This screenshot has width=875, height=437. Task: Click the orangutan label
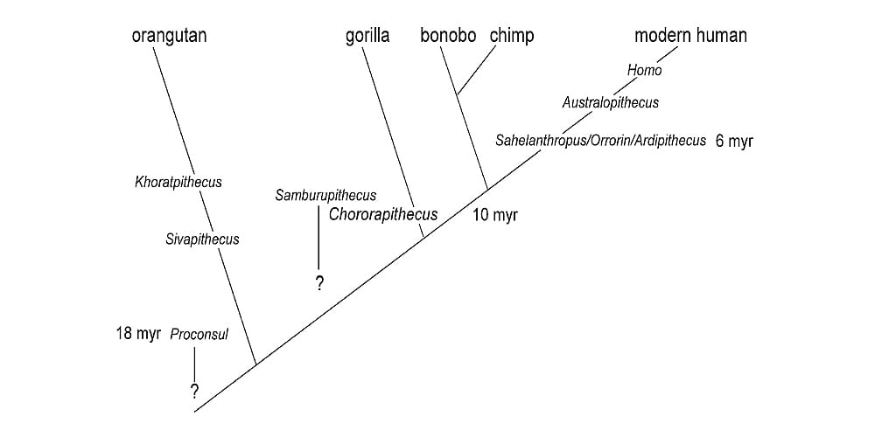pos(169,36)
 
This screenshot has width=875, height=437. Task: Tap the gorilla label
pos(367,36)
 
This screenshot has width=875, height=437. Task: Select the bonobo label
pos(447,36)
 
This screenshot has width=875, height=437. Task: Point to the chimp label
pos(512,36)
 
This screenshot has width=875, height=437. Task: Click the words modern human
pos(690,36)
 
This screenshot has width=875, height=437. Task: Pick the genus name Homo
pos(645,71)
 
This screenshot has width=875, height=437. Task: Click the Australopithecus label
pos(610,103)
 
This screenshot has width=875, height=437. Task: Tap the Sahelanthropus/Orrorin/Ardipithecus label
pos(600,141)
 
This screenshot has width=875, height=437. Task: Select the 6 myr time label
pos(734,142)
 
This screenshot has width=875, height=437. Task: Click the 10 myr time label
pos(495,215)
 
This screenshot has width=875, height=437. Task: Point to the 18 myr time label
pos(138,334)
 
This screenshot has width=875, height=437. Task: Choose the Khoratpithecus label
pos(178,183)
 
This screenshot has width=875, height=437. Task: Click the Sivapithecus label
pos(202,239)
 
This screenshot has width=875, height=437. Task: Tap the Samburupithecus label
pos(325,196)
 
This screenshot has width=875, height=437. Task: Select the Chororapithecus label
pos(383,215)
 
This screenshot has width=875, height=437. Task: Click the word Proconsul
pos(199,335)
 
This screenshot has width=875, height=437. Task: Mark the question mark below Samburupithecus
pos(319,283)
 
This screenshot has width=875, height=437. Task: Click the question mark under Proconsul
pos(194,391)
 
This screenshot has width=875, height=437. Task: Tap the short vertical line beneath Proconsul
pos(194,363)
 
